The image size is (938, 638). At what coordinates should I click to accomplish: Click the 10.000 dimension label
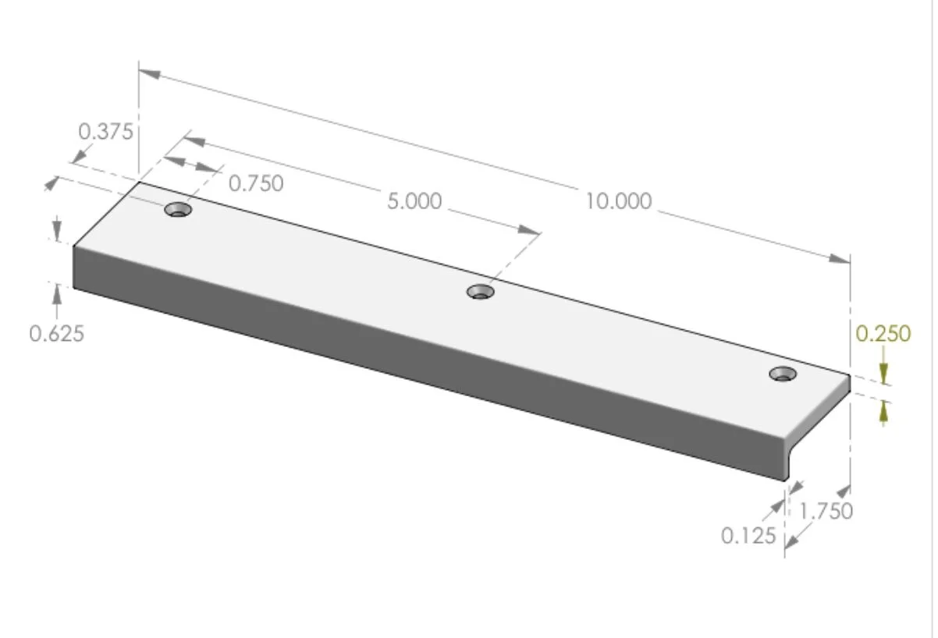click(x=619, y=201)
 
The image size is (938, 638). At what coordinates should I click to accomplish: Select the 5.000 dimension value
click(x=414, y=201)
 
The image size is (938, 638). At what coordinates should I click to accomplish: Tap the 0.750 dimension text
click(x=256, y=183)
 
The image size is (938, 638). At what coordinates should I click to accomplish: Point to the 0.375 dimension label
click(x=106, y=131)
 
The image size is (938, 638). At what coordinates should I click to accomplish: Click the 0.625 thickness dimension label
click(x=56, y=334)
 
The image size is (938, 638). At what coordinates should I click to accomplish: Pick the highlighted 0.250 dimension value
click(x=883, y=334)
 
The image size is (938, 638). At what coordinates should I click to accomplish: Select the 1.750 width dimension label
click(x=826, y=512)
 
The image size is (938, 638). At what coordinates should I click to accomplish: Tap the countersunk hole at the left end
click(x=179, y=210)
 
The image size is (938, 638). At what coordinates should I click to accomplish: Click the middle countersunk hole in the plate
click(x=481, y=292)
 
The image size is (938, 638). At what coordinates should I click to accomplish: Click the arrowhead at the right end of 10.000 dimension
click(x=840, y=258)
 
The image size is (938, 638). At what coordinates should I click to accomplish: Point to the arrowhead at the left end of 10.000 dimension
click(x=150, y=74)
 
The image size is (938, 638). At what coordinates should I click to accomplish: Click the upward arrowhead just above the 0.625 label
click(x=56, y=295)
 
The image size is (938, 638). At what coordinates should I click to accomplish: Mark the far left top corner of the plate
click(x=140, y=183)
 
